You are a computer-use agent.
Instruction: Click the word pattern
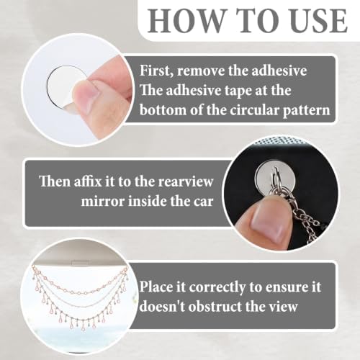pos(306,111)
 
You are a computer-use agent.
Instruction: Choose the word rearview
pos(186,181)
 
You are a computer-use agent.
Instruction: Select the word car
pos(204,202)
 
